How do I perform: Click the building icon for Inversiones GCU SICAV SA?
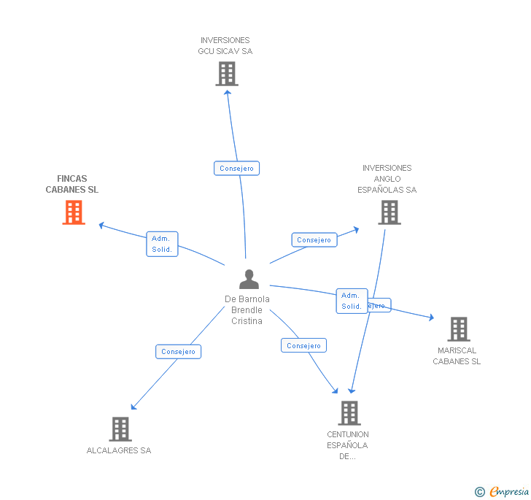click(x=227, y=73)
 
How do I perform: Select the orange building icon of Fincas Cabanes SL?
click(x=74, y=212)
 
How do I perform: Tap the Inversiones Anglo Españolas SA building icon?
click(x=389, y=212)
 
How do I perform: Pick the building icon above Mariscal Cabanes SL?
click(x=458, y=329)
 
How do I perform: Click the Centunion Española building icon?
click(x=349, y=413)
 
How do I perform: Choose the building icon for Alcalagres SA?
click(x=120, y=429)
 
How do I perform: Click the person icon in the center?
click(x=249, y=280)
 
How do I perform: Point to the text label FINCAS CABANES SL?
click(x=71, y=184)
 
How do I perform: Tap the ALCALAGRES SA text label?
click(x=119, y=450)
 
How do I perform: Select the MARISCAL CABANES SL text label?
click(x=457, y=355)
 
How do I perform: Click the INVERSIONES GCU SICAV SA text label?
click(x=225, y=46)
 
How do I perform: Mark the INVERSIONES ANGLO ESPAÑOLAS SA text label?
click(x=387, y=179)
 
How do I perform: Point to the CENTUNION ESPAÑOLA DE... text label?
click(x=348, y=445)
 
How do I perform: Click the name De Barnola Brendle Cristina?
click(x=247, y=310)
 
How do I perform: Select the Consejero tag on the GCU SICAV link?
click(x=237, y=169)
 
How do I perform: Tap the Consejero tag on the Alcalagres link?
click(x=179, y=352)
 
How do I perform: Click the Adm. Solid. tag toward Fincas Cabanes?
click(x=162, y=244)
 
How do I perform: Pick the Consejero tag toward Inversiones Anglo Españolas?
click(x=314, y=240)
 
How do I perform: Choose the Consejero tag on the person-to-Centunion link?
click(x=303, y=346)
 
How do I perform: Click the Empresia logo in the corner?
click(x=502, y=492)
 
